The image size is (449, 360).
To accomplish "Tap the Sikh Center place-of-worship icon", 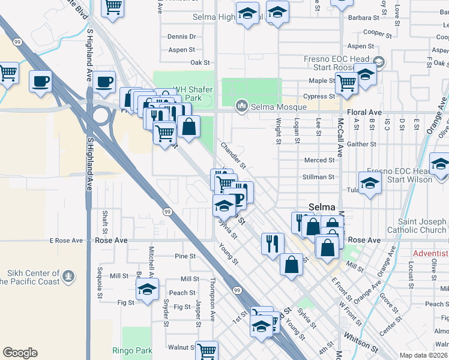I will [x=69, y=277].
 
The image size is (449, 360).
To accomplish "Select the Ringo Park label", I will [x=132, y=350].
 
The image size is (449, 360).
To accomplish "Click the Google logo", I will [x=20, y=353].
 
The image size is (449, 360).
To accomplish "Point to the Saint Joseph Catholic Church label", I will [x=423, y=226].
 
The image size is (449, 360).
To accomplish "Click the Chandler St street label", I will [x=234, y=155].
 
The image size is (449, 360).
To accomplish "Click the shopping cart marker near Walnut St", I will [x=206, y=350].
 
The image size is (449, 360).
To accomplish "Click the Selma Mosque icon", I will [x=242, y=106].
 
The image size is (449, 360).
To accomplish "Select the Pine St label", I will [x=185, y=256].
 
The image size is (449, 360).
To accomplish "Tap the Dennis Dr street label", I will [x=182, y=37].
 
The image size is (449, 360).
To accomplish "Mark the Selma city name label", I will [x=322, y=207].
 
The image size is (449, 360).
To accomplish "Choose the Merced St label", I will [x=319, y=160].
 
